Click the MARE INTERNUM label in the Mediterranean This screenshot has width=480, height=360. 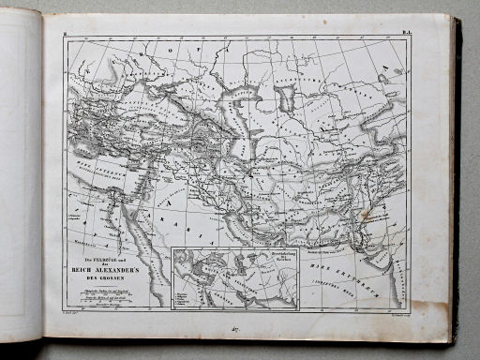[x=95, y=169]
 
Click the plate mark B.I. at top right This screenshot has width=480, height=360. [x=408, y=36]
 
